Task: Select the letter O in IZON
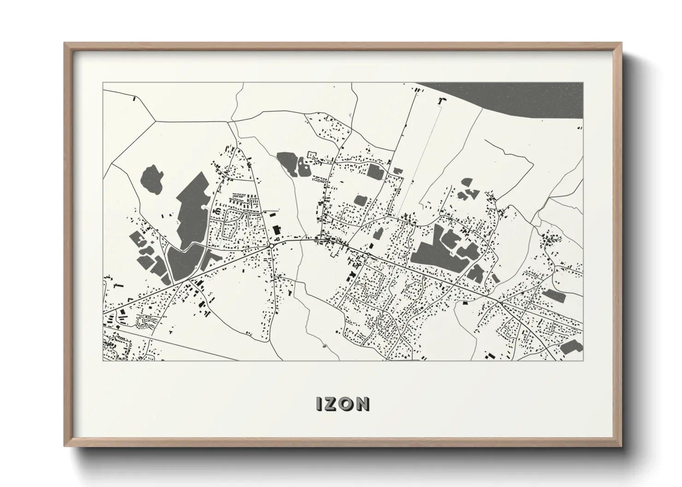click(x=346, y=404)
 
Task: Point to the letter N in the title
click(x=362, y=404)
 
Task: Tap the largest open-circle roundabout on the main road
click(x=272, y=246)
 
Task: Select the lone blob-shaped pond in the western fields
click(x=152, y=178)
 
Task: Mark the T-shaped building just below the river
click(x=442, y=101)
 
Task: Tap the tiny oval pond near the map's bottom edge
click(x=324, y=345)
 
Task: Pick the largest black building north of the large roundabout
click(x=276, y=230)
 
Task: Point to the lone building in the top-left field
click(x=134, y=98)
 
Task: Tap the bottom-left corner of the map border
click(x=103, y=360)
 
